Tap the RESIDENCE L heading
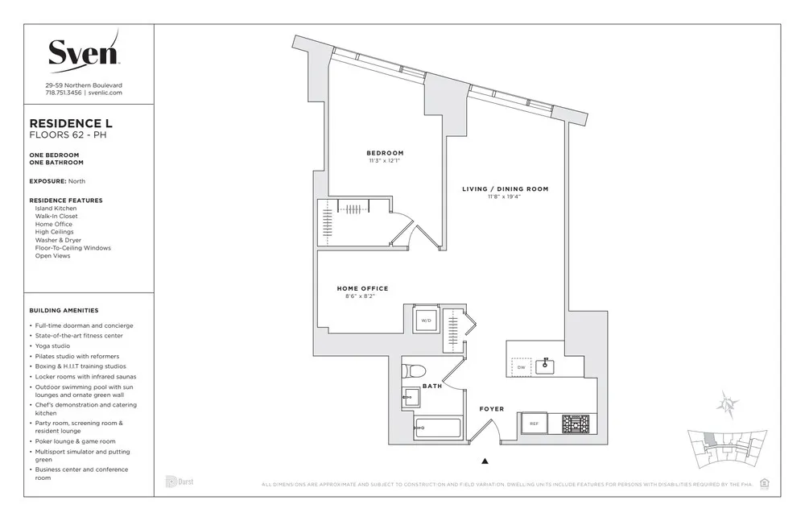[x=71, y=123]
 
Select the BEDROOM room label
[x=385, y=153]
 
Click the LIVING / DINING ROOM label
[x=505, y=189]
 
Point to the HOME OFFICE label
[x=362, y=288]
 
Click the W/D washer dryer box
[x=426, y=320]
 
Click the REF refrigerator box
[x=533, y=423]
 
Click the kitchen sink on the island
[x=547, y=366]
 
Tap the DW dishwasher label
[x=521, y=367]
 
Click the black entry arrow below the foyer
[x=485, y=461]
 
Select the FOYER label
[x=491, y=409]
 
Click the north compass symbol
[x=729, y=403]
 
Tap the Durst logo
[x=180, y=482]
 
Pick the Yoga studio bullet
[x=52, y=345]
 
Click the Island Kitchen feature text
[x=56, y=209]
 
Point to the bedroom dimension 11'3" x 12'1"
[x=385, y=161]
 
